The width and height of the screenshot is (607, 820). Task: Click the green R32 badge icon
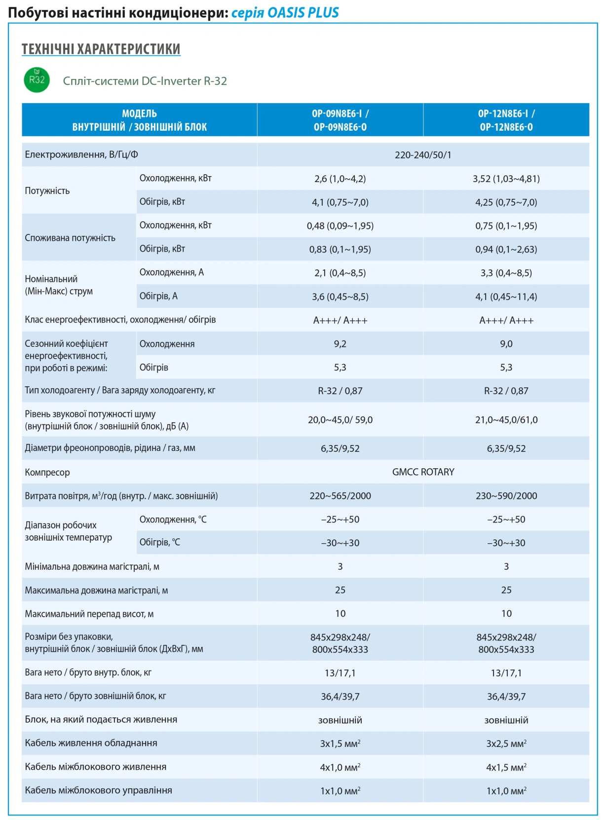pos(37,79)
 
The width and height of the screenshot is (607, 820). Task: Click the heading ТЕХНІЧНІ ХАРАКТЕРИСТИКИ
pos(101,49)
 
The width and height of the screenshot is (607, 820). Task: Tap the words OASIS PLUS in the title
pos(303,12)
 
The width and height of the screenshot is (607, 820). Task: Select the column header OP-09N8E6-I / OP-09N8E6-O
pos(340,120)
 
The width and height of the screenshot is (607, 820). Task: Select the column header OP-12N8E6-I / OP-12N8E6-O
pos(506,120)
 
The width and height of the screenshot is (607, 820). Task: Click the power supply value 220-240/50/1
pos(423,155)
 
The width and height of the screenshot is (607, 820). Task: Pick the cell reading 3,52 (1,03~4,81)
pos(506,179)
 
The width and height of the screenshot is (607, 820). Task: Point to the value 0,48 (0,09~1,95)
pos(340,225)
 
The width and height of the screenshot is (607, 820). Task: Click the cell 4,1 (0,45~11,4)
pos(506,297)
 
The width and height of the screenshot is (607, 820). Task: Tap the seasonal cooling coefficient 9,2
pos(340,344)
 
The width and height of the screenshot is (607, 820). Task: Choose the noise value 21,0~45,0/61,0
pos(506,419)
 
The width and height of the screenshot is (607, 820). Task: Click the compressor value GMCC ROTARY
pos(423,472)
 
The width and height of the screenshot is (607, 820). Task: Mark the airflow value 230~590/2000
pos(506,495)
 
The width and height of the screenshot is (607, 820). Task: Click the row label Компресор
pos(47,472)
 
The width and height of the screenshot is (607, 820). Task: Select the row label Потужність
pos(47,191)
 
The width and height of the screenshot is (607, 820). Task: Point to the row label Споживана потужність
pos(70,238)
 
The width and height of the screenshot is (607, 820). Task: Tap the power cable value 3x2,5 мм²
pos(506,743)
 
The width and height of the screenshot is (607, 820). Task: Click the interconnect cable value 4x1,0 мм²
pos(340,767)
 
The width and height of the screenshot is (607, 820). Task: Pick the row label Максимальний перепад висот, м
pos(89,614)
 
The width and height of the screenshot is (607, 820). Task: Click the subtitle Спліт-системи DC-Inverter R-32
pos(145,80)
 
